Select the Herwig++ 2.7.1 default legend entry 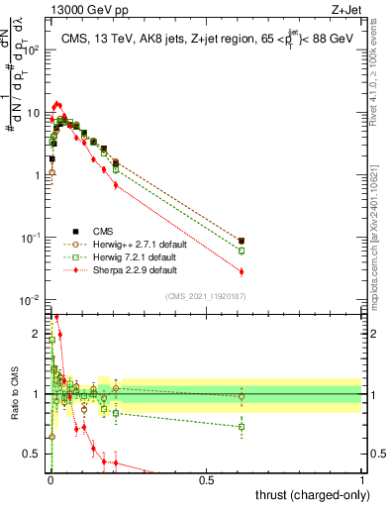click(134, 242)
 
